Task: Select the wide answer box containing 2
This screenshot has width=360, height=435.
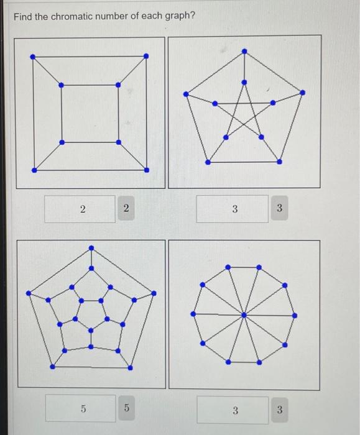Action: (80, 209)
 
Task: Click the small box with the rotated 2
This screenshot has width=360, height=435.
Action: (126, 209)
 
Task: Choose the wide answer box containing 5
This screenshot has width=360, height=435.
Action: (80, 408)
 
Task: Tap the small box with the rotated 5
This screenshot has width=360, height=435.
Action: (126, 408)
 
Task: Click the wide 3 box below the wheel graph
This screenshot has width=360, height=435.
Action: (233, 410)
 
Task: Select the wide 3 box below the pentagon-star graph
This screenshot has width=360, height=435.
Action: (233, 209)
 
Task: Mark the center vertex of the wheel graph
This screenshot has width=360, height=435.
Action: (244, 314)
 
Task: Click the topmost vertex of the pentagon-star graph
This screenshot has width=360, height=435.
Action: (244, 52)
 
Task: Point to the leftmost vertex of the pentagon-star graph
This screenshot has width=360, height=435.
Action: (186, 94)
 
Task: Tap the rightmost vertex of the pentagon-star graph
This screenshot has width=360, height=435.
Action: (303, 93)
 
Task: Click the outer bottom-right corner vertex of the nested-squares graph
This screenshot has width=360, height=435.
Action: (147, 170)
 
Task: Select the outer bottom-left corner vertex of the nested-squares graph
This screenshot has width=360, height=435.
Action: (34, 169)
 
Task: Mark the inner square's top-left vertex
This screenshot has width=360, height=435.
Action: (61, 85)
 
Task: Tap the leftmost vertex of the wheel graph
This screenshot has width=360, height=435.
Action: (193, 314)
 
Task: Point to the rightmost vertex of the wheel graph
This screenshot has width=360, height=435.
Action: (295, 315)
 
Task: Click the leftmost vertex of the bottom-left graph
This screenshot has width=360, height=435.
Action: (27, 293)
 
